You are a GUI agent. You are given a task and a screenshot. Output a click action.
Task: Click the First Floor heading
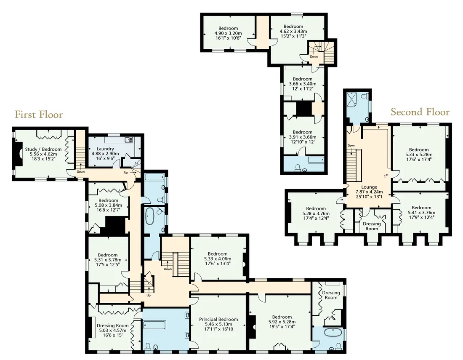click(x=39, y=114)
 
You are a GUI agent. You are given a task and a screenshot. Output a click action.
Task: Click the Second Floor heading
click(x=420, y=112)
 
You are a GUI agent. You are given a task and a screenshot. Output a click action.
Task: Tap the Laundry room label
click(x=105, y=149)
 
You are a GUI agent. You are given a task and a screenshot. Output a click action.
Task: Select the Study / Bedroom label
click(x=43, y=149)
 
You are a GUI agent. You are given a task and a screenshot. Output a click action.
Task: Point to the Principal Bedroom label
click(x=218, y=319)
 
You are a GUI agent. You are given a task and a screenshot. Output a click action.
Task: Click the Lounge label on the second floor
click(x=369, y=187)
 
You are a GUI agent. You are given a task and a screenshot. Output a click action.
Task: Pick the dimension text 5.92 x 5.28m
click(x=282, y=322)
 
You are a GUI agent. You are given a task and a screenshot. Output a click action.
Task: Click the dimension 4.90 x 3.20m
click(x=226, y=33)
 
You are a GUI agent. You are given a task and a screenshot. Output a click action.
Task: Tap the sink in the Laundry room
click(x=129, y=139)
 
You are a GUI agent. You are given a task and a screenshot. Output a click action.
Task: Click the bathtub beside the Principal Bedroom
click(x=154, y=326)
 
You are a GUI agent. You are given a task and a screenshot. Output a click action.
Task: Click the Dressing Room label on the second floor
click(x=372, y=226)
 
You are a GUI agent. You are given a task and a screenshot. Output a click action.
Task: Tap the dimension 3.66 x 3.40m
click(x=303, y=84)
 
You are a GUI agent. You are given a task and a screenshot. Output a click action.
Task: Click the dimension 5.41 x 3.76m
click(x=421, y=212)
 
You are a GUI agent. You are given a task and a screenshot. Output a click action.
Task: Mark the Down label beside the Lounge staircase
click(x=351, y=146)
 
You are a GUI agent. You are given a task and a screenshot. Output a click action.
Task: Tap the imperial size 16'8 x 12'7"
click(x=108, y=210)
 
